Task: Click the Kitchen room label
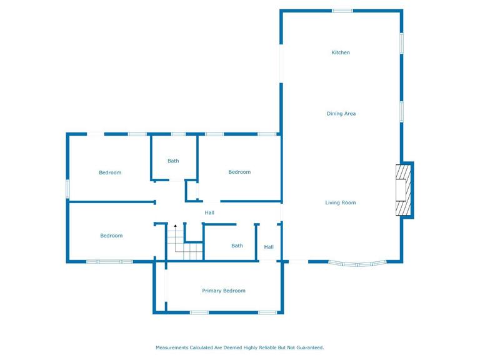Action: click(341, 52)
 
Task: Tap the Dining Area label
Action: click(341, 114)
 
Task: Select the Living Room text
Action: click(341, 202)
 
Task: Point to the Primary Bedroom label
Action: click(224, 291)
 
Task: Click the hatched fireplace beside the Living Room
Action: click(404, 190)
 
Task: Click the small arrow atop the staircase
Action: click(176, 225)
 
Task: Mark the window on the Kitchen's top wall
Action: click(342, 11)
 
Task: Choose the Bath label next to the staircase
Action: click(237, 246)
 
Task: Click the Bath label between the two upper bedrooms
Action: click(173, 161)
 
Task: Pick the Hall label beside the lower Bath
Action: click(269, 247)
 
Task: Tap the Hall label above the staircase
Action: click(209, 212)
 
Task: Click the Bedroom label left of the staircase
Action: click(111, 236)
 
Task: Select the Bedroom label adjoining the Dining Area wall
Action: click(239, 172)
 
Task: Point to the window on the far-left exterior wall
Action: click(68, 189)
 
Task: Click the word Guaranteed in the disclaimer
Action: click(309, 347)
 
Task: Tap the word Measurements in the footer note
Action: click(172, 347)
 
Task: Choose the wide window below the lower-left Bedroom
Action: click(109, 261)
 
